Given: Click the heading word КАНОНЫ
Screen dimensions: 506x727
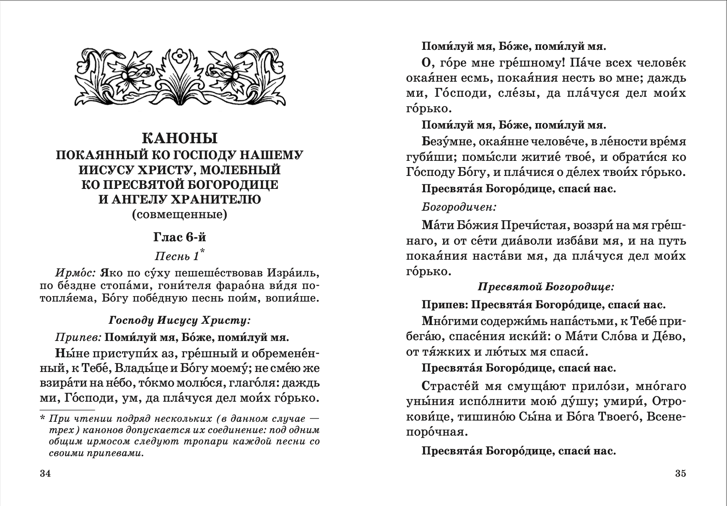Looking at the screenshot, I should pyautogui.click(x=179, y=139).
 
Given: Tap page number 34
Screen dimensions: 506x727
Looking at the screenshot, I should pyautogui.click(x=45, y=474).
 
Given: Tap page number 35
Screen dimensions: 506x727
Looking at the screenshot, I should pyautogui.click(x=680, y=474).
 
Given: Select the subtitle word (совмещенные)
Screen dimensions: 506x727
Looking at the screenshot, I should pyautogui.click(x=179, y=215).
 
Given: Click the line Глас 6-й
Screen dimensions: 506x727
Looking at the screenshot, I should pyautogui.click(x=179, y=238).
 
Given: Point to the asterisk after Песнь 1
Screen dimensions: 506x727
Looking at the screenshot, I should pyautogui.click(x=203, y=251).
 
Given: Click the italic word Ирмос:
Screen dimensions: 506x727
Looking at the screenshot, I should pyautogui.click(x=76, y=274).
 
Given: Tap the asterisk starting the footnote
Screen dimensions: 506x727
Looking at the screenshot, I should pyautogui.click(x=42, y=418).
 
